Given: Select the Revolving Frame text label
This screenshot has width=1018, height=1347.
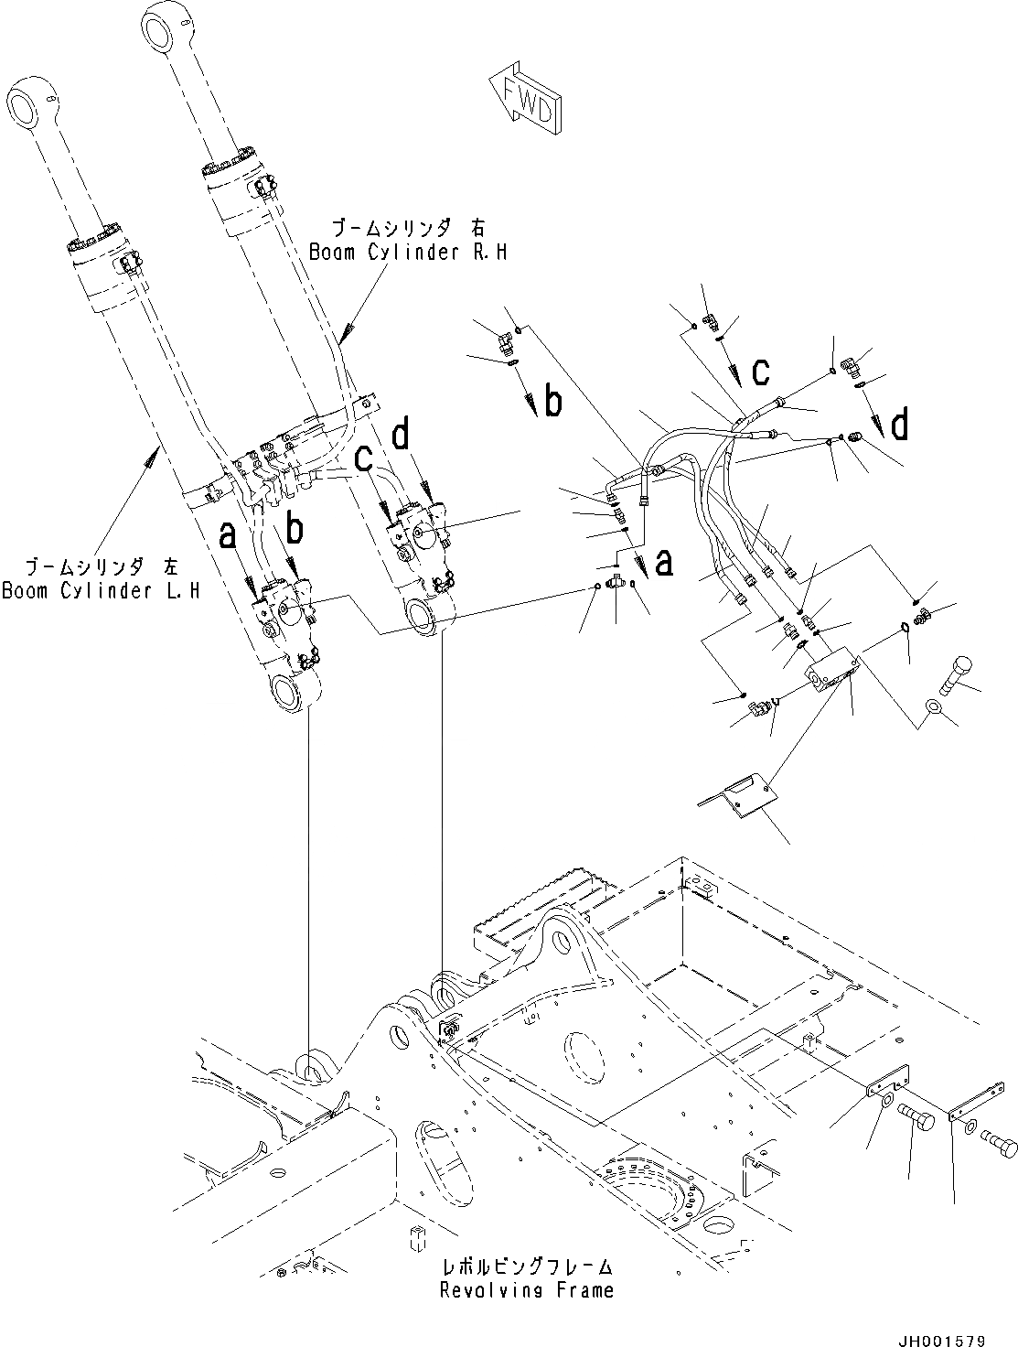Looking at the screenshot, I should point(526,1290).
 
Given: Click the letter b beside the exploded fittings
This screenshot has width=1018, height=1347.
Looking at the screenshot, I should point(552,403).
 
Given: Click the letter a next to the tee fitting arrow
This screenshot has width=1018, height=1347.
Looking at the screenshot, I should point(664,562).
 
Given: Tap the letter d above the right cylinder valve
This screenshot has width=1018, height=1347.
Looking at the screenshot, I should point(402,435).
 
